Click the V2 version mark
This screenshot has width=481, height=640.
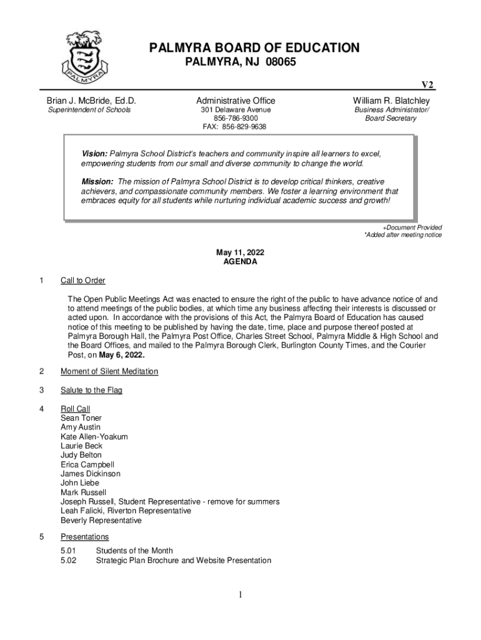[x=427, y=86]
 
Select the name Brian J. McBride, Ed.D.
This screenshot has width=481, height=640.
[x=91, y=101]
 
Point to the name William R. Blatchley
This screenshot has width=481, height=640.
[x=391, y=101]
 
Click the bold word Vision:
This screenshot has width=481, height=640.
[x=95, y=154]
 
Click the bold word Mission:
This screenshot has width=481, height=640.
[x=97, y=182]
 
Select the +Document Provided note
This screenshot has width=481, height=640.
[x=412, y=227]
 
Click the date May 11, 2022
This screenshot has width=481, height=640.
[x=240, y=252]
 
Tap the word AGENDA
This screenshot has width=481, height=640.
[x=240, y=262]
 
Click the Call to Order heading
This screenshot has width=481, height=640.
[x=82, y=280]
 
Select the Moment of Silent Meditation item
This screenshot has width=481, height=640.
[x=109, y=371]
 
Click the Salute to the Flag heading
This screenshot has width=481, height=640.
[x=91, y=390]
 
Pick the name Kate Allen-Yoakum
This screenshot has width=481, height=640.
[x=94, y=436]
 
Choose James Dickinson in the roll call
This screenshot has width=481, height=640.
[x=90, y=474]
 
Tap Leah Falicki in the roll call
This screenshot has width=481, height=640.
[x=84, y=511]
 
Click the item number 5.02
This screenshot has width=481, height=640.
[x=69, y=560]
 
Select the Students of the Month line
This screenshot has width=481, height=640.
[x=134, y=551]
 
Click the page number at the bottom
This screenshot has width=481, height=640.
[x=240, y=594]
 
